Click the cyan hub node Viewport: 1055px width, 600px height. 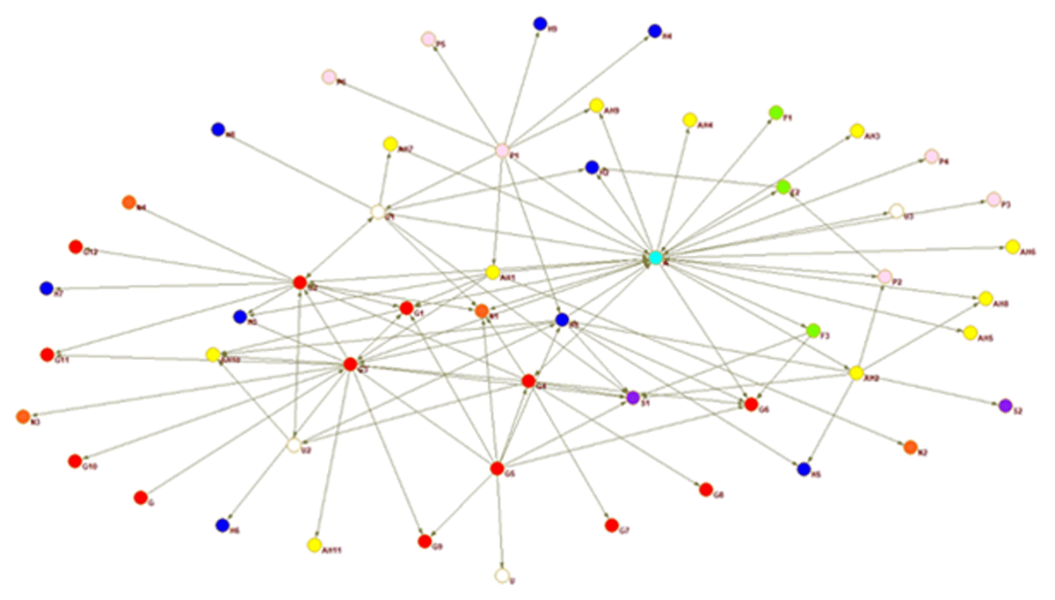655,258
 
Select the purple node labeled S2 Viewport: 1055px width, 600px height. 1006,406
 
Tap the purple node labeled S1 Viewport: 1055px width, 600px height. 632,398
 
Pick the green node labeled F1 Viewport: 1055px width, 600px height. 775,113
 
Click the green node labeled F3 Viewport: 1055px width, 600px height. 813,330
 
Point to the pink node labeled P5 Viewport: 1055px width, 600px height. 428,39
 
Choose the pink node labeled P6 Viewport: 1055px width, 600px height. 329,77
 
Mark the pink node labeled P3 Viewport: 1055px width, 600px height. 993,199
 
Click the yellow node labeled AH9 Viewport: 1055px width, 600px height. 596,106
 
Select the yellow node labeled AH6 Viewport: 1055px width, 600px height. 1012,246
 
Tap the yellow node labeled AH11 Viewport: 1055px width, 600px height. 314,545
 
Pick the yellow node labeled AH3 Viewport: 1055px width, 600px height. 856,131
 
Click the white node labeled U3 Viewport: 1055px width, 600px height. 896,211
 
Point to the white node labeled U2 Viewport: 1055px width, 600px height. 294,445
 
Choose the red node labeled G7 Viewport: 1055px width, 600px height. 612,525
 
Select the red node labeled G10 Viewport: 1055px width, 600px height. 75,461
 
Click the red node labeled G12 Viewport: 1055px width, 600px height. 76,247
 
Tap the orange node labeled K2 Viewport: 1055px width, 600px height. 910,447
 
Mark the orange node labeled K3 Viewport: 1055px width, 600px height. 23,417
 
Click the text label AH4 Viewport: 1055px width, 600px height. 704,126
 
